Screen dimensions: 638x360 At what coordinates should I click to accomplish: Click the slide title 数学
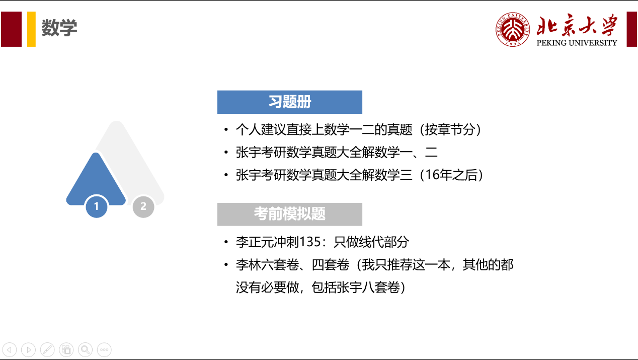59,28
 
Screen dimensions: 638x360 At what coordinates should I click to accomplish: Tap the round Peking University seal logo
512,29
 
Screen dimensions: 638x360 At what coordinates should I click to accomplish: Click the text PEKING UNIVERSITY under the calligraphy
577,43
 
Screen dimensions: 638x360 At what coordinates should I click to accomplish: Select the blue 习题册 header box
290,102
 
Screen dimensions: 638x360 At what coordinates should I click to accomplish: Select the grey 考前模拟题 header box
290,214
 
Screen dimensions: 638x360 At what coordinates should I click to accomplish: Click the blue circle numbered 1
96,206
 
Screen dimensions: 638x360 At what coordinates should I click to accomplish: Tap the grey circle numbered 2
143,206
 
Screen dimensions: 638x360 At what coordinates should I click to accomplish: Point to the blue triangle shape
96,182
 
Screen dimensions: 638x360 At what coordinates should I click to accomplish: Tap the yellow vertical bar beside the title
31,29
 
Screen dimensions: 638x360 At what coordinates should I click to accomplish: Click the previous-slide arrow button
10,349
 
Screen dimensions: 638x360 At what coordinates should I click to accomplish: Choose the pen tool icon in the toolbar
47,349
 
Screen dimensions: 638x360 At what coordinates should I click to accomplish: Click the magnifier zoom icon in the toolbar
85,349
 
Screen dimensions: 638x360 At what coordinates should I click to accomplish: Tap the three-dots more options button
104,349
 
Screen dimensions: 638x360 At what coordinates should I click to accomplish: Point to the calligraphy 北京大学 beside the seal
577,25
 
